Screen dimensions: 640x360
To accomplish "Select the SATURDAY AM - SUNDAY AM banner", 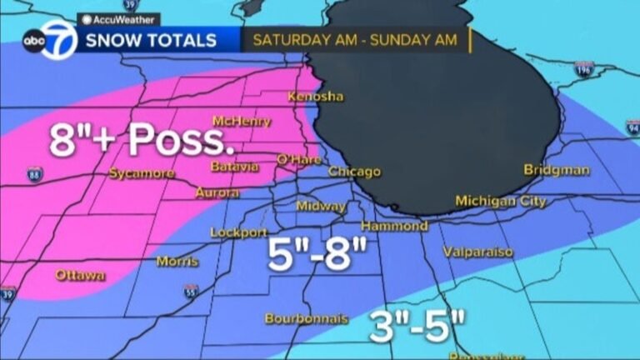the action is [356, 39].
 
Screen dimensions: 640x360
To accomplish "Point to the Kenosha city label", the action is [315, 97].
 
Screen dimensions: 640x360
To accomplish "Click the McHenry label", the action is [242, 122].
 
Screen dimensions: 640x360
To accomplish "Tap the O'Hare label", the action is [293, 158].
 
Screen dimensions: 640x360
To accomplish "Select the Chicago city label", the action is [354, 172].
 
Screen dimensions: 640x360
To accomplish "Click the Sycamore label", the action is [142, 173].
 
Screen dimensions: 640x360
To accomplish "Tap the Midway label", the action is [322, 206].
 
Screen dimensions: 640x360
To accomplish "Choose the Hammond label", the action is [394, 226].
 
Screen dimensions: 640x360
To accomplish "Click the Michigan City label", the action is [501, 201].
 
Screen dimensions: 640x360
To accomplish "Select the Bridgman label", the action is [557, 170].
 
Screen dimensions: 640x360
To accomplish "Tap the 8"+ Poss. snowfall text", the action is [141, 139].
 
